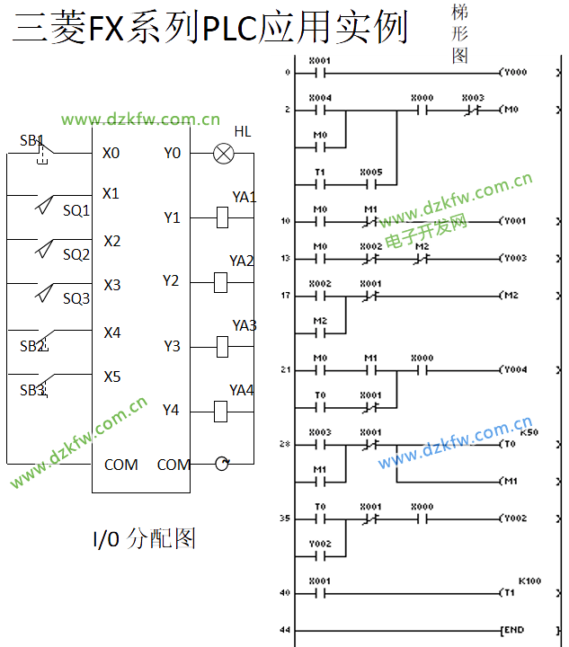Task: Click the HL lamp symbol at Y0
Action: coord(223,154)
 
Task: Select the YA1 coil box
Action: coord(224,217)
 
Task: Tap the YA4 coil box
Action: coord(224,411)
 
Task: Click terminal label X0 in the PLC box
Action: coord(111,153)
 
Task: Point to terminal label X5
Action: coord(111,377)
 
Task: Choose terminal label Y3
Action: coord(172,346)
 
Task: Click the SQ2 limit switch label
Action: coord(76,254)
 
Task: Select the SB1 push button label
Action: coord(31,140)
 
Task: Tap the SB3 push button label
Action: coord(32,390)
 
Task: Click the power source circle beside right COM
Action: coord(222,464)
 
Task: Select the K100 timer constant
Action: coord(529,581)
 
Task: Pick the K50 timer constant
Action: coord(528,432)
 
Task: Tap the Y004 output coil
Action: coord(514,369)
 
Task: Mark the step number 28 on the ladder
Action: coord(285,444)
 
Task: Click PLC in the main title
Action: coord(229,30)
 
